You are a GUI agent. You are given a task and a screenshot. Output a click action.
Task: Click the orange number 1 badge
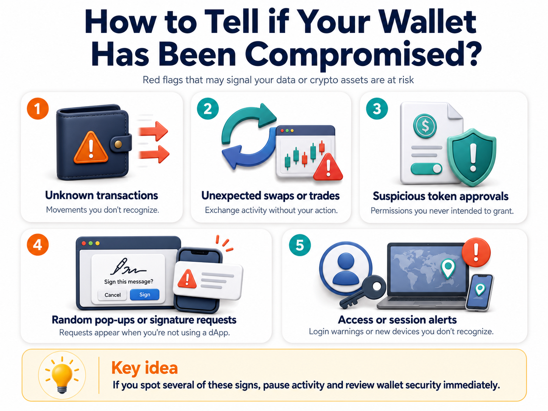38,109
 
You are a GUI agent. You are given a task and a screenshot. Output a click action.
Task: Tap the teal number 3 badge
377,109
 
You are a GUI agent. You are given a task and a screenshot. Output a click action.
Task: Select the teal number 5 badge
300,245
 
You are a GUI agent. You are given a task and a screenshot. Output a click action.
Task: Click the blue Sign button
145,294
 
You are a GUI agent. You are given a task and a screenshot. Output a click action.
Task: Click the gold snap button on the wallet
118,144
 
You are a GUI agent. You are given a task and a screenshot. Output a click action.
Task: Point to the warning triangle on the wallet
91,148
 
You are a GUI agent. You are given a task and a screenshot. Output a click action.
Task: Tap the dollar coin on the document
425,126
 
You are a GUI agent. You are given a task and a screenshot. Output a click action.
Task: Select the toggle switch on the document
427,169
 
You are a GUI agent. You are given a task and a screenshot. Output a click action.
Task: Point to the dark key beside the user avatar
362,292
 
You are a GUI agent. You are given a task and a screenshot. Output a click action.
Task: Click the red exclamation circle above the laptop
476,252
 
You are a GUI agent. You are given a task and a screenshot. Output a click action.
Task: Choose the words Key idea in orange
145,368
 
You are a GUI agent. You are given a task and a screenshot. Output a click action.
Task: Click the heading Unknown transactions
101,195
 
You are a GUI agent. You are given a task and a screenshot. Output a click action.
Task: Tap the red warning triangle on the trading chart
328,167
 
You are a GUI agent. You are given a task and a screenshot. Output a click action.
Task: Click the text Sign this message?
129,282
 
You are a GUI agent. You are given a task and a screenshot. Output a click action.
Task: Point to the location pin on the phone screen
480,290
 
